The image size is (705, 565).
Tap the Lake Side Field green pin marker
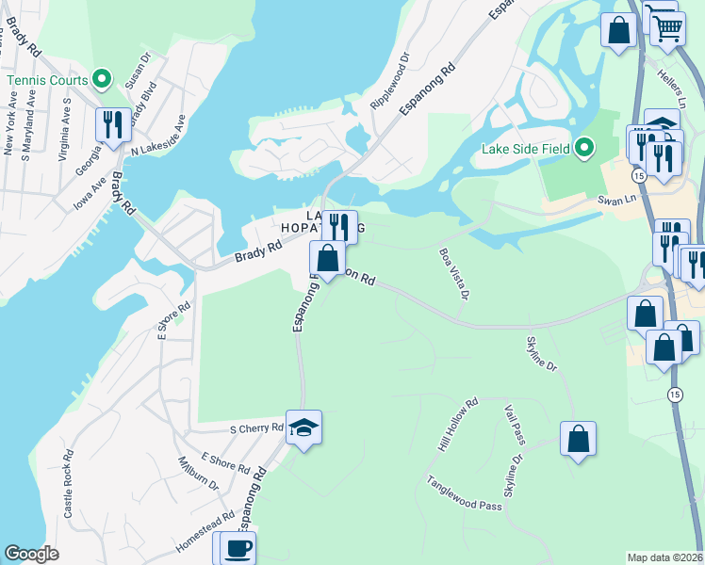(584, 148)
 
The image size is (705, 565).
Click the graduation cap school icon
(303, 428)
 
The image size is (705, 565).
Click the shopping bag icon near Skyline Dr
(578, 439)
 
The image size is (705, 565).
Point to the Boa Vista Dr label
(453, 274)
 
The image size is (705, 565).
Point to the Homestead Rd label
(205, 535)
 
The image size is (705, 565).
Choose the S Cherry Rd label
(256, 428)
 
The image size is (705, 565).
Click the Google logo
(31, 554)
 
